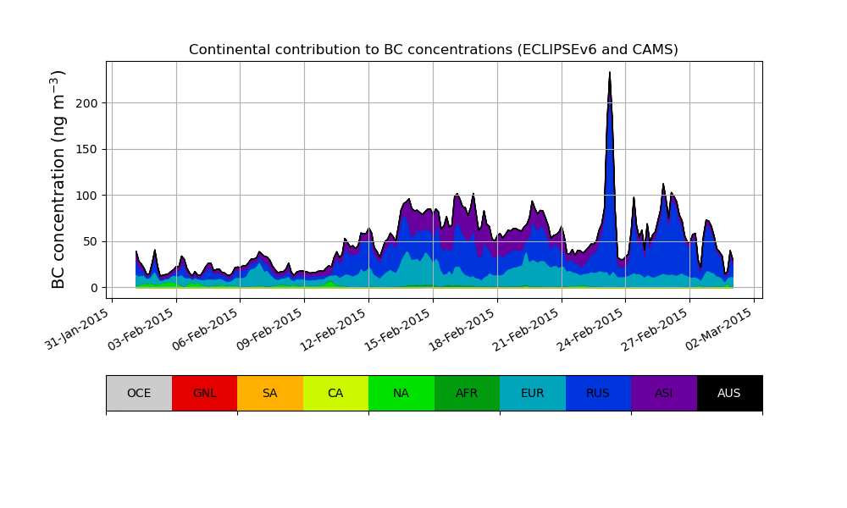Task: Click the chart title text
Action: point(433,50)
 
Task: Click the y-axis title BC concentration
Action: point(58,179)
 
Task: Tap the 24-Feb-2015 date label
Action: point(592,328)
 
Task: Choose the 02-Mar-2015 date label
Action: point(721,328)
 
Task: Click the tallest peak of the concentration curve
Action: point(610,73)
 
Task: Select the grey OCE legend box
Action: point(139,393)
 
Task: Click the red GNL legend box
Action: point(204,393)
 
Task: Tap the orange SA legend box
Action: point(269,393)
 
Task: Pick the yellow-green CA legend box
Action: point(335,393)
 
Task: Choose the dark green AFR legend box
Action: point(467,393)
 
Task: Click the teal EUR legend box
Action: point(532,393)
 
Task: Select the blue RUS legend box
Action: point(598,393)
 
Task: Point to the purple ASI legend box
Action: point(663,393)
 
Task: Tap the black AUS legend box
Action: point(729,393)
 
